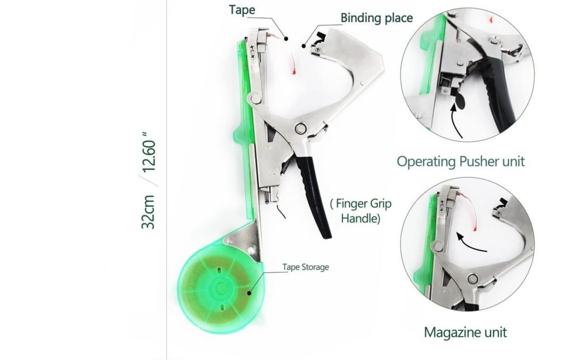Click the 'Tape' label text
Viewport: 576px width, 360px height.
click(242, 10)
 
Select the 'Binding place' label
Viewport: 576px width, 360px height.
click(377, 18)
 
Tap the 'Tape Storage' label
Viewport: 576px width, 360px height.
click(306, 267)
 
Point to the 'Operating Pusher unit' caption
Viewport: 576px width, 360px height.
click(461, 162)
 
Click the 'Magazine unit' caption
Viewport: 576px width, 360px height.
click(466, 332)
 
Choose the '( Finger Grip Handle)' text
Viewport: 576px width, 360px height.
click(361, 211)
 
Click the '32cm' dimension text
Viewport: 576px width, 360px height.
click(148, 212)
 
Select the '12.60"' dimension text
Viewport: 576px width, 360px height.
click(149, 151)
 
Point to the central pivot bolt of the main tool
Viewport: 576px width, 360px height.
click(300, 129)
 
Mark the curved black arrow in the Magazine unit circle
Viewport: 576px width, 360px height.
click(471, 244)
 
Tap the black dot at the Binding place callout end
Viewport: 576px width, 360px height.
click(304, 46)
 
